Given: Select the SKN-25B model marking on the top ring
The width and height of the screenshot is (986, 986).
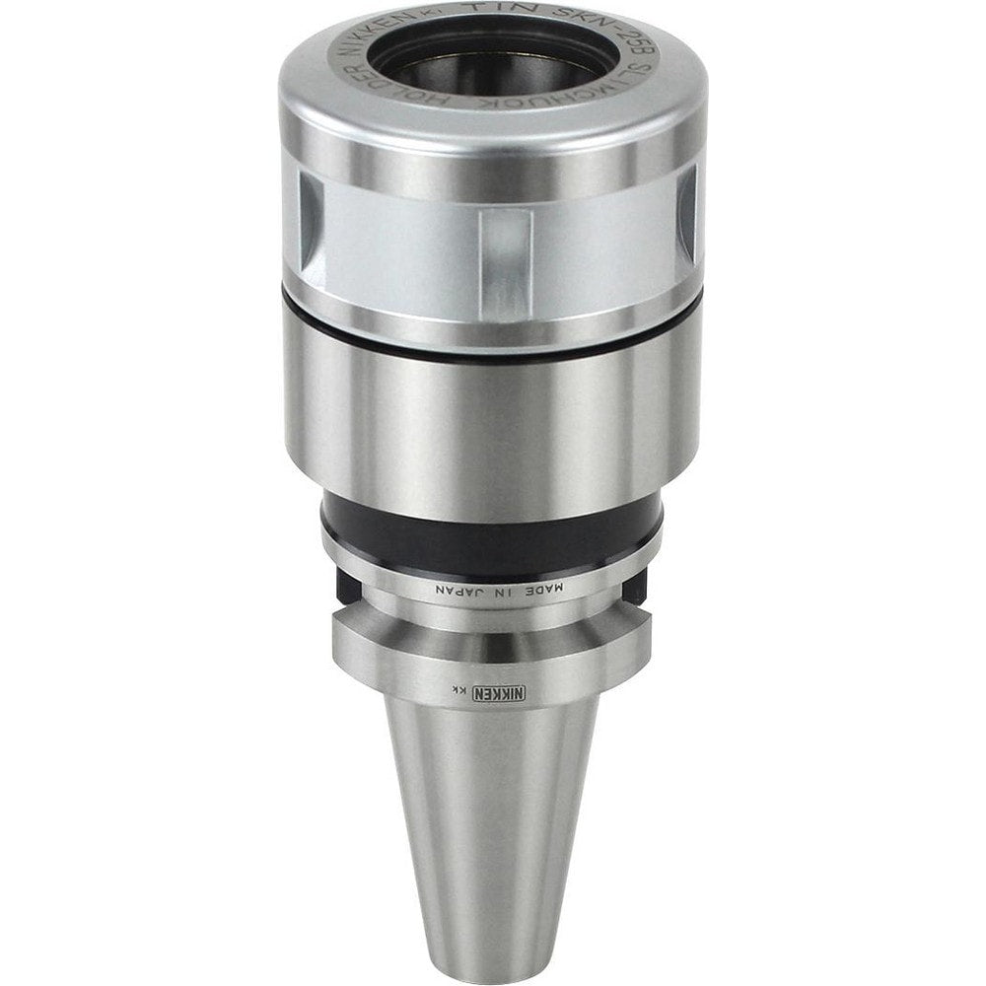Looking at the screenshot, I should pos(616,49).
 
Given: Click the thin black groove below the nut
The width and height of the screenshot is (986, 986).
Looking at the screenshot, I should pos(493,333).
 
